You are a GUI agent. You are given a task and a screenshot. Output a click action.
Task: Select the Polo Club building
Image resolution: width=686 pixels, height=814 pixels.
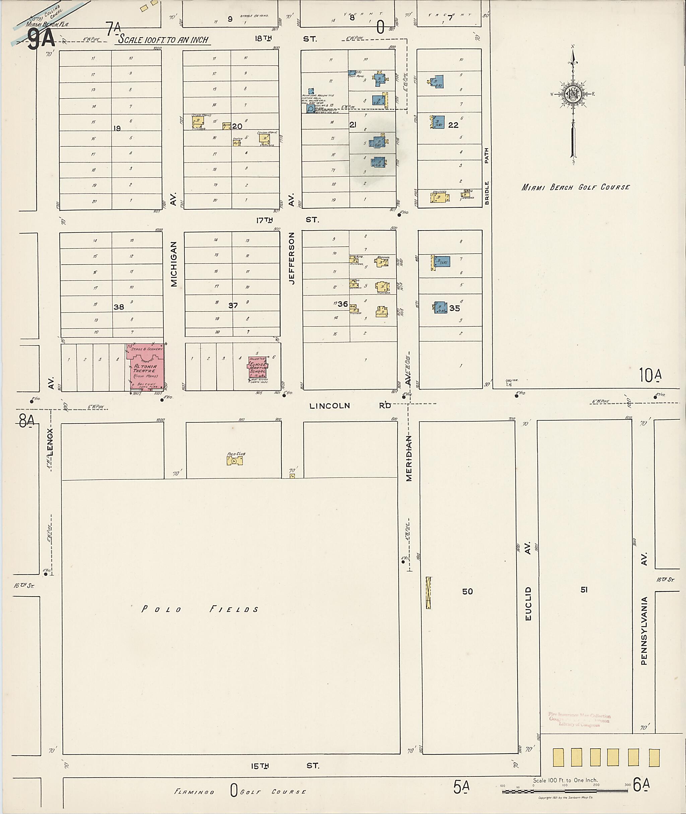point(235,461)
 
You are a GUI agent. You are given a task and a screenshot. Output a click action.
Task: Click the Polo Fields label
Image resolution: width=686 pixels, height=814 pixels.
point(200,609)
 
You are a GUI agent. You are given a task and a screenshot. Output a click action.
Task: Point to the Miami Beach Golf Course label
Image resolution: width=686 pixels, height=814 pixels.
point(575,187)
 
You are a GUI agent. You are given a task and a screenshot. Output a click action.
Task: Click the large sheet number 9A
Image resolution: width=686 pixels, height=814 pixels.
point(41,39)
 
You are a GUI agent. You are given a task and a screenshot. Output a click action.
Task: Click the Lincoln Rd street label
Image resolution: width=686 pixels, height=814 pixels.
point(350,406)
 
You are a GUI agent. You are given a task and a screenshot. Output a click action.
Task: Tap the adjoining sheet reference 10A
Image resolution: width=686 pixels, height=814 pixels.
point(650,375)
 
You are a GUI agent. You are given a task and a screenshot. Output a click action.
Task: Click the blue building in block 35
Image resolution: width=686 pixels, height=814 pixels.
point(441,307)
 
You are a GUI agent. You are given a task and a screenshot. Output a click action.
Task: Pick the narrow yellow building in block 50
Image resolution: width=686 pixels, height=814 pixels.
point(428,592)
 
